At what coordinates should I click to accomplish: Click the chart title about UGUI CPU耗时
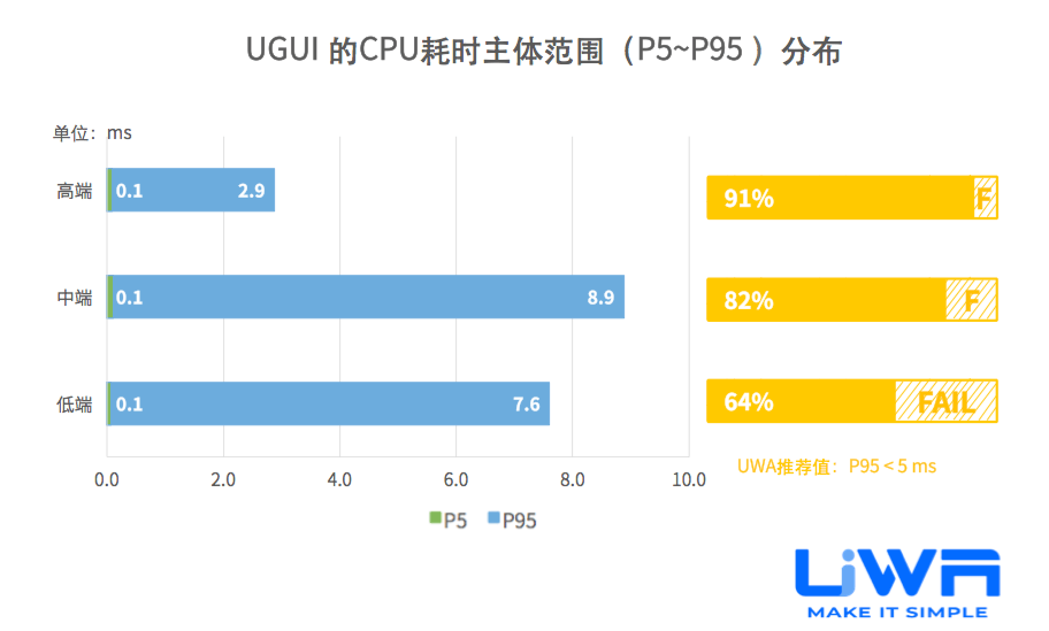(543, 51)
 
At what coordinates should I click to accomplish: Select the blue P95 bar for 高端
(190, 190)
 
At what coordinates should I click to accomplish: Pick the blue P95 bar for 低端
(328, 403)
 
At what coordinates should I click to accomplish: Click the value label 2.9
(251, 191)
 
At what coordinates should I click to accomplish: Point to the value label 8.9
(600, 298)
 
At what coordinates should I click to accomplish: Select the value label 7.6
(526, 404)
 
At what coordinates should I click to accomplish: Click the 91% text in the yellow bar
(749, 198)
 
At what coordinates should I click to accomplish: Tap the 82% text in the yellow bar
(749, 301)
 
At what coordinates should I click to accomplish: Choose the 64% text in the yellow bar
(749, 402)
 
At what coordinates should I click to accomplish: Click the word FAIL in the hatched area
(947, 402)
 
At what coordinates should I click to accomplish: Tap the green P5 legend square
(435, 518)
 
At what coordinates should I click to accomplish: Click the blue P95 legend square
(493, 518)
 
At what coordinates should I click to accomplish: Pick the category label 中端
(74, 298)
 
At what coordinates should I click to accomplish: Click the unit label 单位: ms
(92, 133)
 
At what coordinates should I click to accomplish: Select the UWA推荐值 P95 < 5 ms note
(837, 466)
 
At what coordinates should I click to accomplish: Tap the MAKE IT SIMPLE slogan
(897, 613)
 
